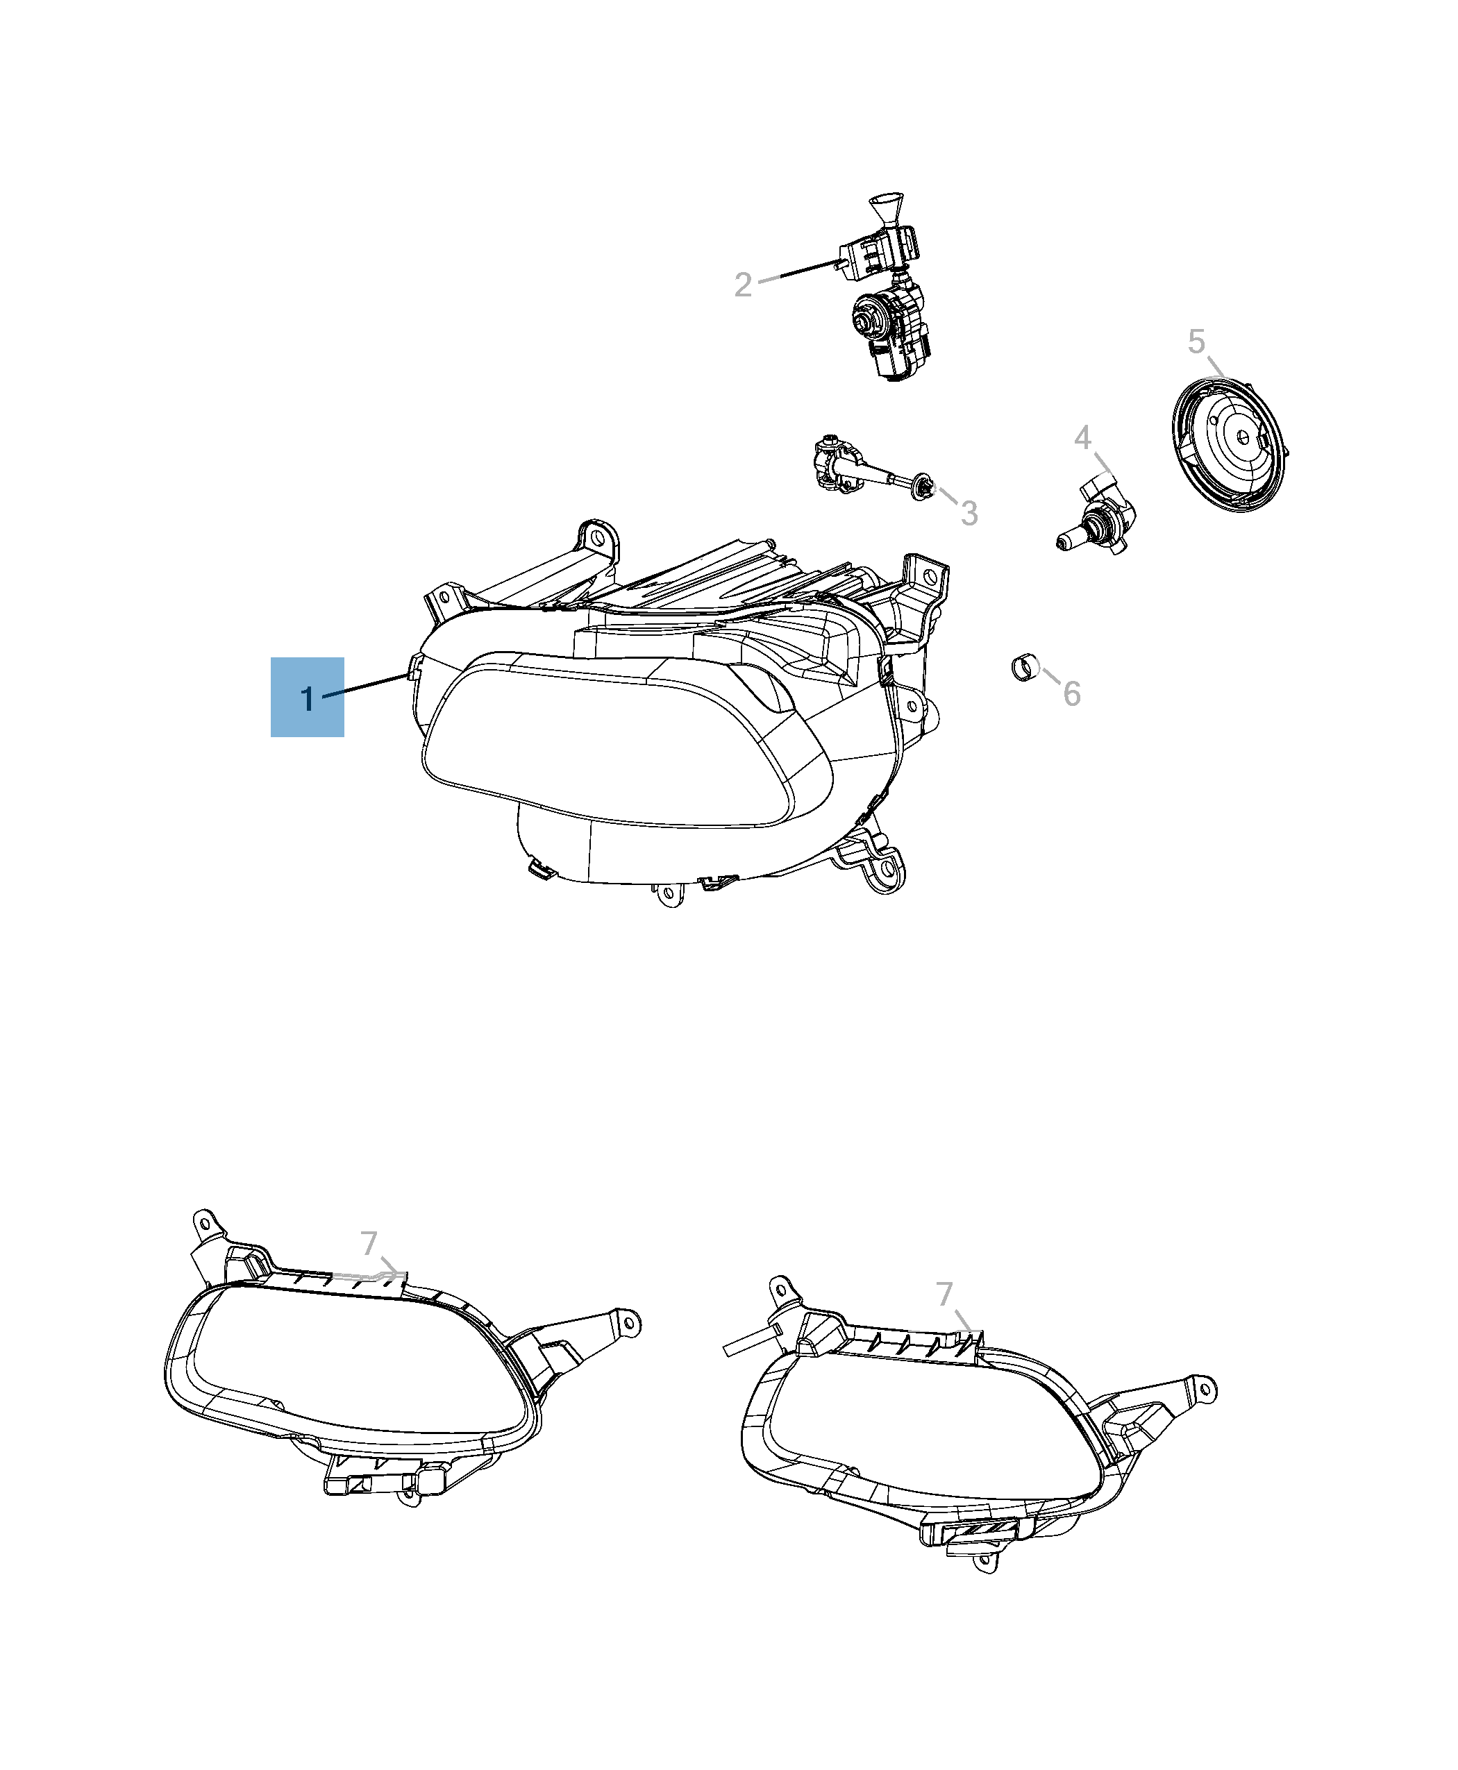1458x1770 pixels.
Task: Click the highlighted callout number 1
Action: coord(308,698)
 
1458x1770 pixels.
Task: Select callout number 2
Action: coord(742,285)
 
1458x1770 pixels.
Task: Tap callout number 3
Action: coord(969,513)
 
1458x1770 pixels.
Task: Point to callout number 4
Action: coord(1082,437)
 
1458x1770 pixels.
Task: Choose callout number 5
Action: coord(1196,342)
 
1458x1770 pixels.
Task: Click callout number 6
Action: coord(1072,693)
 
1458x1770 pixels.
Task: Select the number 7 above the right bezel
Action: coord(945,1294)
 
